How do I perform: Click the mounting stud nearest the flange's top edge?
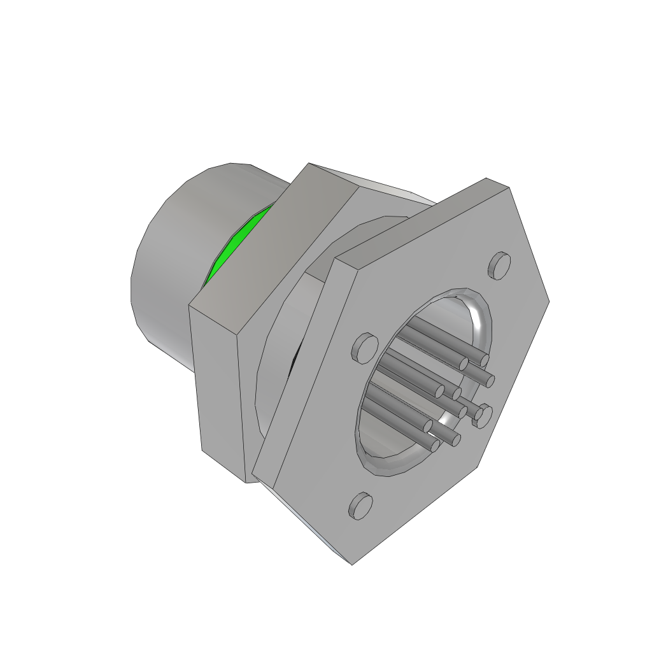tap(500, 266)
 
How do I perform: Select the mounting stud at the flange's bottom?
tap(360, 506)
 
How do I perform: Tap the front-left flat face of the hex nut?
tap(220, 388)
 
